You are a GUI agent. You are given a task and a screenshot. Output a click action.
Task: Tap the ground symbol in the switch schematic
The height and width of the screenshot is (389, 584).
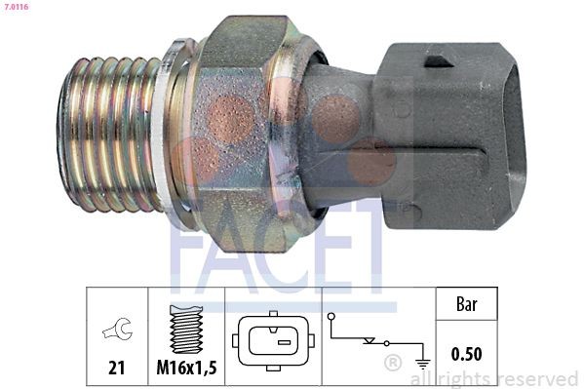[x=423, y=363]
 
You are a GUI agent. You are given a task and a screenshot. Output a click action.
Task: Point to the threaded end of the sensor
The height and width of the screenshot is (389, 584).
[x=107, y=134]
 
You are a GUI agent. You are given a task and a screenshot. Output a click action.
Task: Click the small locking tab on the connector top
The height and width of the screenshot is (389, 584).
[x=438, y=61]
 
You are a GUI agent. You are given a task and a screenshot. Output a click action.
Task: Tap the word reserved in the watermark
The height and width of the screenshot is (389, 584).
[x=538, y=379]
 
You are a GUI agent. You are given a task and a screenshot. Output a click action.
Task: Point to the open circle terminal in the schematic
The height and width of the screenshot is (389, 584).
[x=331, y=317]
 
